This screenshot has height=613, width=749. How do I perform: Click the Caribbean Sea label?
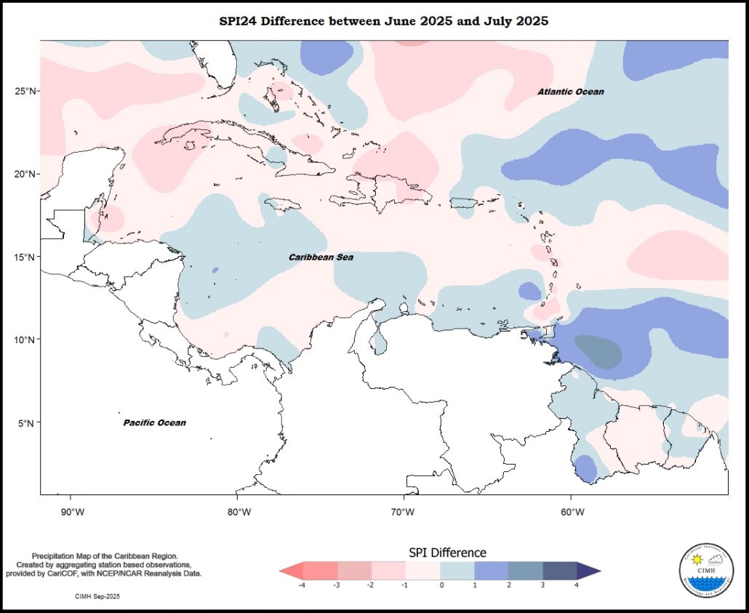click(x=321, y=257)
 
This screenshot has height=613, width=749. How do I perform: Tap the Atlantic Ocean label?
click(x=571, y=92)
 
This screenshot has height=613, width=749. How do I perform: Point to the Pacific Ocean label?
click(x=154, y=422)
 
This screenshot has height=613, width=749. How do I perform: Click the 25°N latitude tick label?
click(x=26, y=91)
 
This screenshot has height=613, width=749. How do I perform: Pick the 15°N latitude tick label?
click(x=26, y=257)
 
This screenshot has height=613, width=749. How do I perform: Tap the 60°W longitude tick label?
click(x=572, y=512)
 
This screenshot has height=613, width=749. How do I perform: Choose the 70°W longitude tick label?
click(x=406, y=512)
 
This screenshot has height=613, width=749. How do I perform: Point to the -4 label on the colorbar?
click(x=300, y=585)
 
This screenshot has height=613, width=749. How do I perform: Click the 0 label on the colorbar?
click(x=441, y=585)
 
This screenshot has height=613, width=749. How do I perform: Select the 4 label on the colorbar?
click(x=577, y=585)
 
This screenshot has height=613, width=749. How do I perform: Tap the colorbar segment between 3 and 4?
click(x=560, y=571)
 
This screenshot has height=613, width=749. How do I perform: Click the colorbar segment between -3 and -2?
click(x=353, y=571)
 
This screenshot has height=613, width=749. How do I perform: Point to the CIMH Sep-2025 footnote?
click(x=97, y=596)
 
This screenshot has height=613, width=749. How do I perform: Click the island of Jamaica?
click(x=278, y=204)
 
